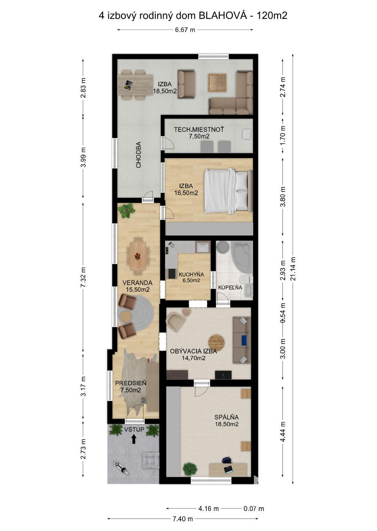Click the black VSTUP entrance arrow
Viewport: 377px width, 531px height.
tap(133, 439)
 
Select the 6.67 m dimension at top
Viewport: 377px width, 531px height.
tap(185, 30)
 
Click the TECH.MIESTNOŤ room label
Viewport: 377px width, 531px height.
tap(199, 130)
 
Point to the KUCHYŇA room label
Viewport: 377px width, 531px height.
tap(191, 274)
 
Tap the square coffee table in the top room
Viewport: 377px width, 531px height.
tap(217, 83)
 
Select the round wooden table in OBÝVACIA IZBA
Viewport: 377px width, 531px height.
tap(216, 342)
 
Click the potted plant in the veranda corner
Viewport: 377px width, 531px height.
tap(126, 210)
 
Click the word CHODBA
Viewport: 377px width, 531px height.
tap(138, 155)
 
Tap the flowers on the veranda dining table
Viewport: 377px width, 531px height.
tap(137, 256)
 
